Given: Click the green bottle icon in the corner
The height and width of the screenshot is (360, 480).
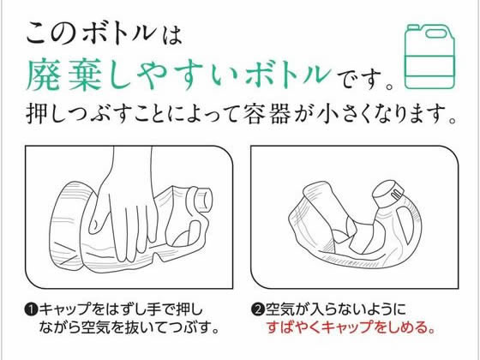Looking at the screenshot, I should (x=431, y=55).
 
